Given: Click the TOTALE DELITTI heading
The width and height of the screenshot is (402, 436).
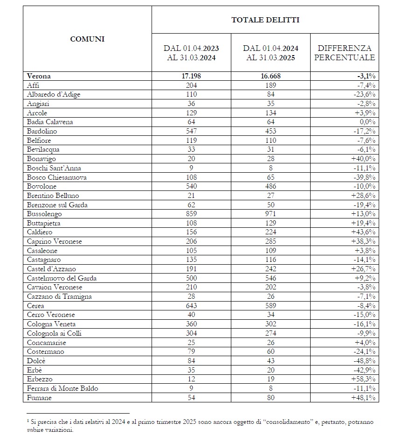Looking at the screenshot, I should (265, 20).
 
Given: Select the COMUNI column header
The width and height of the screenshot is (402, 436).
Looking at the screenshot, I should (87, 39).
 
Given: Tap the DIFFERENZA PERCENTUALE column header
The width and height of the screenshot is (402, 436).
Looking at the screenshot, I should (345, 53).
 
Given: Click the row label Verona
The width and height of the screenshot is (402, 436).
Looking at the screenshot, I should (39, 76).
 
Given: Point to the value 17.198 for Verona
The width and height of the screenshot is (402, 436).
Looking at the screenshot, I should (191, 76).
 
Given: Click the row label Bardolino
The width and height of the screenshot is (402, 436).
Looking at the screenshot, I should (42, 131).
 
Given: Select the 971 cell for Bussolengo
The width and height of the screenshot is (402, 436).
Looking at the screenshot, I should (270, 214).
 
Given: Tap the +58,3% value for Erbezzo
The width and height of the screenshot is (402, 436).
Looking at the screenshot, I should (363, 379).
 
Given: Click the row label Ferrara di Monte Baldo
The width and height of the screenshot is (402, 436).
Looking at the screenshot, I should (62, 388).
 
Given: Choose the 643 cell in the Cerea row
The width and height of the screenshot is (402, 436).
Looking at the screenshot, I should (191, 306).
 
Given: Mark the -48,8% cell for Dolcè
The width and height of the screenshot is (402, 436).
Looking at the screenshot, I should (364, 361).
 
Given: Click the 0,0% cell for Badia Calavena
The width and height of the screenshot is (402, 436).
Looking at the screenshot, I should (367, 122).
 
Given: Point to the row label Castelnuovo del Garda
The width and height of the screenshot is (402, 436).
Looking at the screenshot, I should (61, 278).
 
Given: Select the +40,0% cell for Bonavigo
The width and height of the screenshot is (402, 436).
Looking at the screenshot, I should (363, 159).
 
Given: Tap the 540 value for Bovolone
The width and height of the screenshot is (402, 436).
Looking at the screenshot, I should (191, 186).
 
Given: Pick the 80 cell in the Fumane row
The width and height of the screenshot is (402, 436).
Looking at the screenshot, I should (270, 398).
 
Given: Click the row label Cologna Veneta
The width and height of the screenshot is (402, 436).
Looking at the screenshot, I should (51, 324).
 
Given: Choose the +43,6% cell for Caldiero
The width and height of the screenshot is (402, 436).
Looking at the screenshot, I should (363, 232).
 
